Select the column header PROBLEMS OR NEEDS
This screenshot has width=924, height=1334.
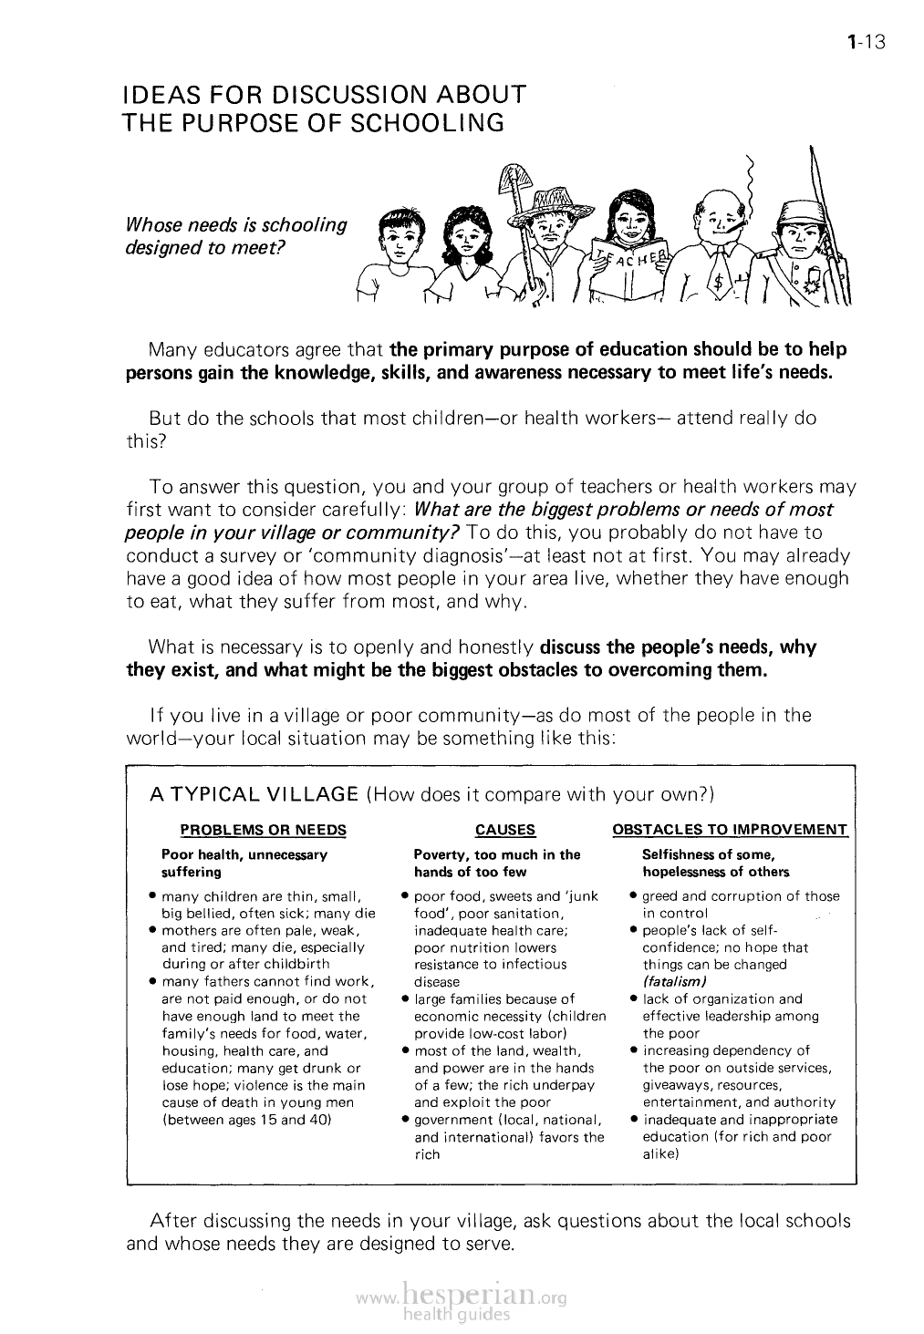point(264,830)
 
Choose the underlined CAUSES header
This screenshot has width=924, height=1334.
point(505,830)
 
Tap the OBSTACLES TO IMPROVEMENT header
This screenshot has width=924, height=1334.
point(730,830)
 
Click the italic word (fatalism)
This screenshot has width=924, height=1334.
point(676,981)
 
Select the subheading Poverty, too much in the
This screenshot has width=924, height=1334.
point(496,855)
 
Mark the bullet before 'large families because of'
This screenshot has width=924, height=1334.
point(405,998)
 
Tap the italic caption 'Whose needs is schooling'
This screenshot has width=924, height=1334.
point(236,224)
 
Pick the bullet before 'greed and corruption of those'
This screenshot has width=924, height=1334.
point(633,896)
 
